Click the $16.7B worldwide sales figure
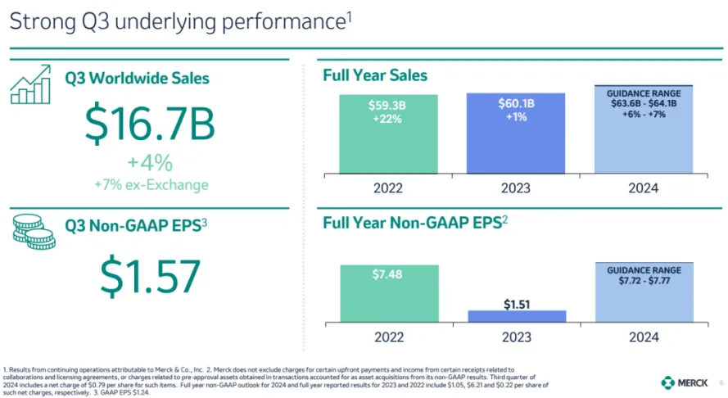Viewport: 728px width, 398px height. point(150,123)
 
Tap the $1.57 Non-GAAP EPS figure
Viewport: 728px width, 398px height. point(150,276)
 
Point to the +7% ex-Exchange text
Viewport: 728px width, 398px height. point(150,184)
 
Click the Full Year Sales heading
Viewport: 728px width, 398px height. point(375,75)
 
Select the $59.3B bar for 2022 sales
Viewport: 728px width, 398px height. point(389,133)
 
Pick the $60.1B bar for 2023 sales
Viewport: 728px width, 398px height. point(517,133)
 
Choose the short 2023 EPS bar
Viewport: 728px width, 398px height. point(517,315)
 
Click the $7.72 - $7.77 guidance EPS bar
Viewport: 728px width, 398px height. point(643,292)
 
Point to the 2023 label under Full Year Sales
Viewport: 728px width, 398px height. point(517,188)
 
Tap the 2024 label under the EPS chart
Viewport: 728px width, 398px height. point(643,336)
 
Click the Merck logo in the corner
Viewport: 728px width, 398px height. point(684,382)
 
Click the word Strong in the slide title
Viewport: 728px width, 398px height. point(38,22)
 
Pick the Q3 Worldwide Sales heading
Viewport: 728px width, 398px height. point(138,79)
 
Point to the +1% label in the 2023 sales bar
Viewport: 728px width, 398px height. point(517,117)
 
